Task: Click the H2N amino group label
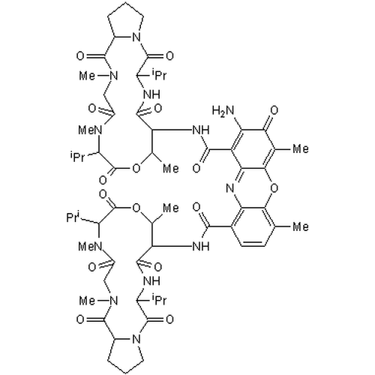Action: (223, 110)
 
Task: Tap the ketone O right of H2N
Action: (274, 110)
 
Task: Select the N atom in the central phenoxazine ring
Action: (230, 187)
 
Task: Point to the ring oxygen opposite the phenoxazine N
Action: (274, 187)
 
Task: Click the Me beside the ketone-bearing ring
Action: (301, 149)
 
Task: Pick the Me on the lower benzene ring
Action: (301, 226)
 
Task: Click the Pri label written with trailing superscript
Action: (73, 217)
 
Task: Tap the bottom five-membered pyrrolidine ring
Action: (125, 353)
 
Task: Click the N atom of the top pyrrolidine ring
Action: (136, 37)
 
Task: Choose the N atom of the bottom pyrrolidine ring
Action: (136, 339)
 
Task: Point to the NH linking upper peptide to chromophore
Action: (201, 130)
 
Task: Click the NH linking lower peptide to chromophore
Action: (201, 247)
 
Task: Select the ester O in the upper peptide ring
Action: (136, 169)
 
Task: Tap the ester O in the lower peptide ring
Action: (136, 208)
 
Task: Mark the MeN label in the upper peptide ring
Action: (90, 130)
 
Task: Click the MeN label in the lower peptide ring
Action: (90, 247)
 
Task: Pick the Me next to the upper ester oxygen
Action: (171, 169)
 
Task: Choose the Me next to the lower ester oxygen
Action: (171, 208)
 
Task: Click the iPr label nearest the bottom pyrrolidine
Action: (158, 299)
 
